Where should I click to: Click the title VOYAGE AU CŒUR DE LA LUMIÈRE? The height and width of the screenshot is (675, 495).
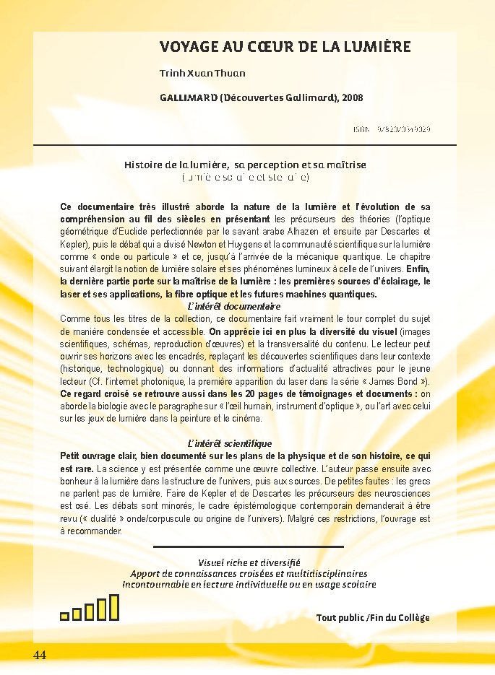click(x=285, y=48)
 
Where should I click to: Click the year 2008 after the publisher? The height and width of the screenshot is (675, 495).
click(x=353, y=97)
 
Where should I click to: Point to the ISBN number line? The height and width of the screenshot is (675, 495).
click(x=392, y=129)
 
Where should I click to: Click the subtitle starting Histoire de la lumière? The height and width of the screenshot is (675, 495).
click(x=246, y=165)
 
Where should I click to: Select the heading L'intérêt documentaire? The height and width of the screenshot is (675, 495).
click(x=224, y=306)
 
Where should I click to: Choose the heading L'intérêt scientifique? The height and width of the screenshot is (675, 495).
click(x=229, y=443)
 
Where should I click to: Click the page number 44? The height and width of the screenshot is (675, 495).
click(x=39, y=655)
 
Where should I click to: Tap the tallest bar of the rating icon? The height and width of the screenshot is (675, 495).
click(x=113, y=608)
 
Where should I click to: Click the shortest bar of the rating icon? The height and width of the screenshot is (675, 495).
click(x=64, y=616)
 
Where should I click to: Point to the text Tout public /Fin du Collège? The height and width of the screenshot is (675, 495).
click(x=372, y=617)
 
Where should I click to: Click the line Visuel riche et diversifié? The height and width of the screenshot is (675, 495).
click(x=249, y=562)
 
